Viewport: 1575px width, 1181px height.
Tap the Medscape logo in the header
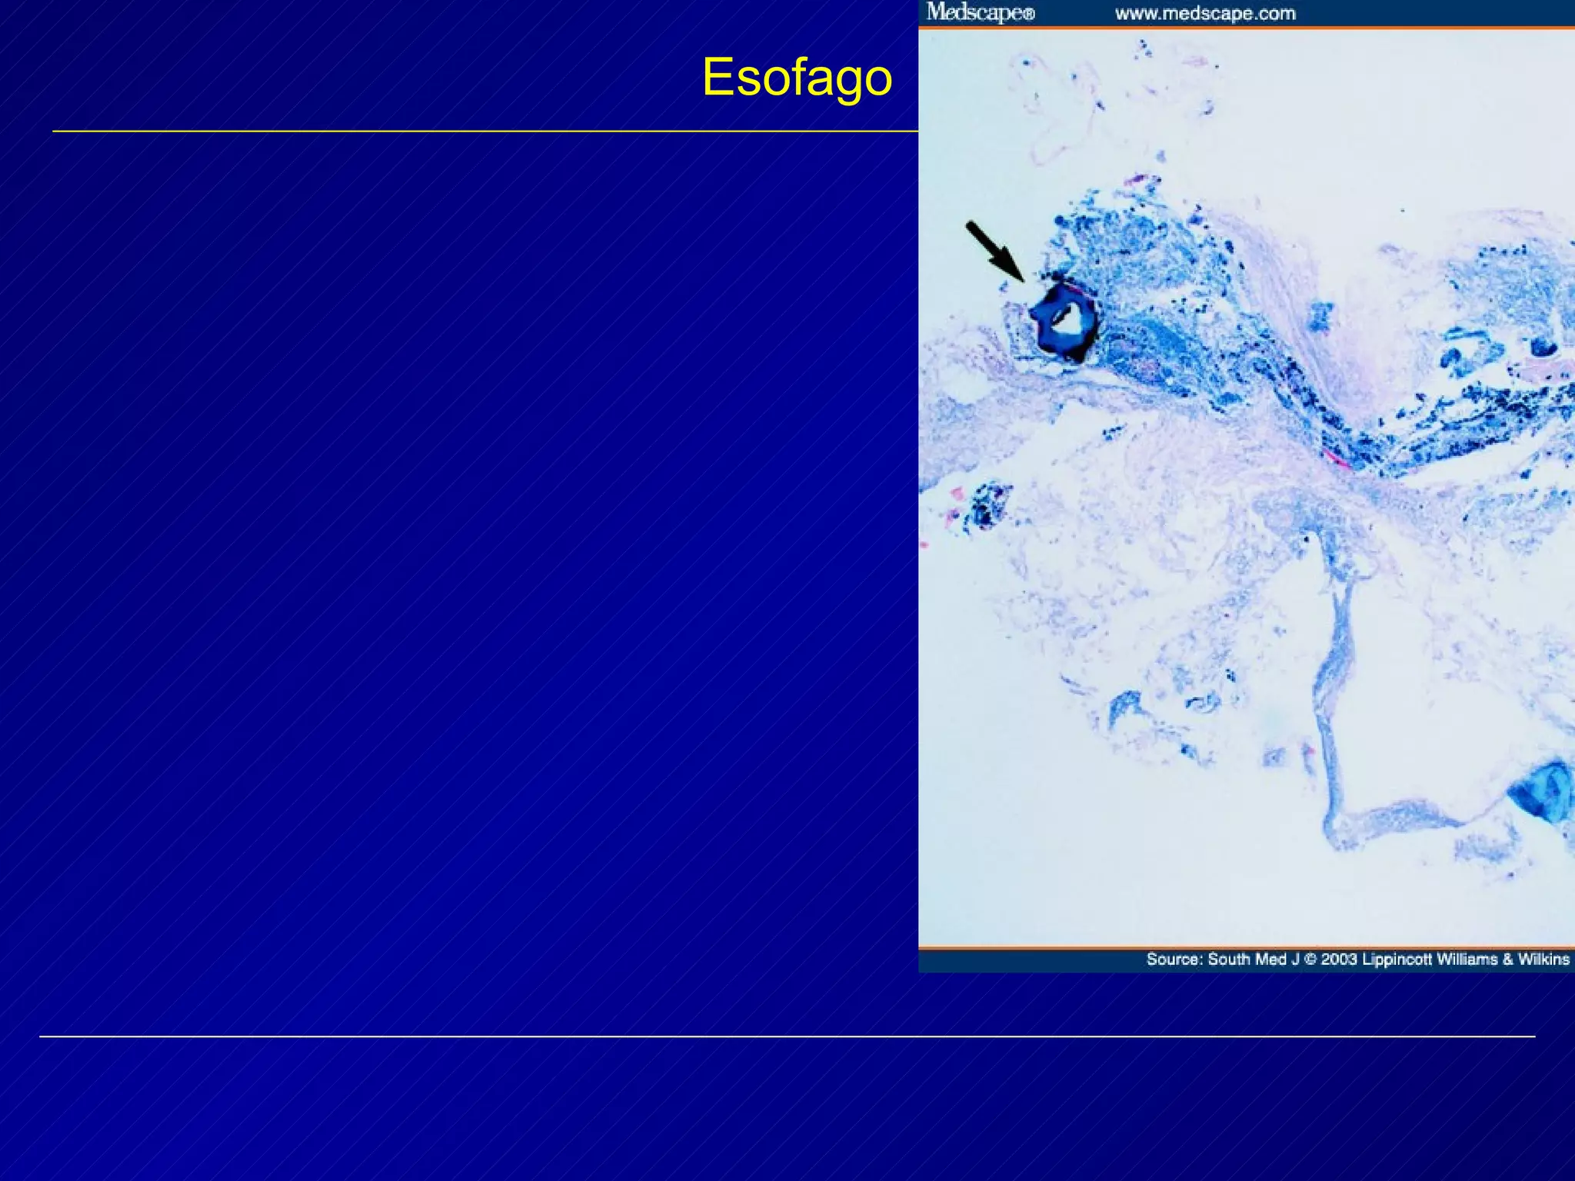click(x=975, y=12)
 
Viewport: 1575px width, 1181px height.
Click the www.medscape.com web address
click(x=1204, y=13)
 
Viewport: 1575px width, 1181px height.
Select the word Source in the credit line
click(x=1173, y=959)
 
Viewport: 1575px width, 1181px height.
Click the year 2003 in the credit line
click(x=1339, y=959)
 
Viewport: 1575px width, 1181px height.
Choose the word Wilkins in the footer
click(x=1543, y=959)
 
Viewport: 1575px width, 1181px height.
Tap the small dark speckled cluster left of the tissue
click(x=985, y=504)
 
